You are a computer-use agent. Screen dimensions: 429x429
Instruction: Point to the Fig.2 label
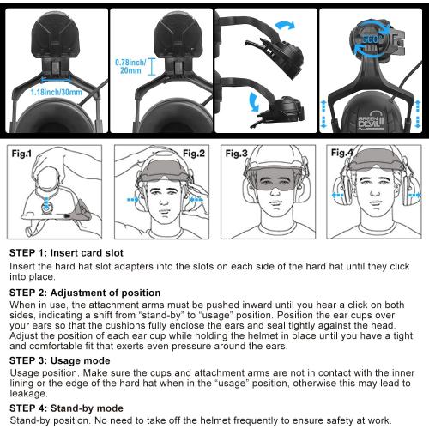193,154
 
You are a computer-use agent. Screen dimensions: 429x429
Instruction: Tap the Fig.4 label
342,154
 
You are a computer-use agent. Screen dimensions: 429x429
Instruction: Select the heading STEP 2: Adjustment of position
85,293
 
